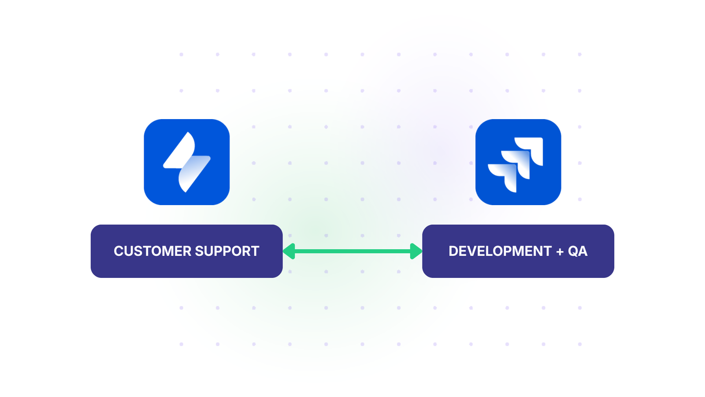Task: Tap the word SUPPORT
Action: click(x=227, y=251)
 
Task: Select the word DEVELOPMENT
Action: click(x=500, y=251)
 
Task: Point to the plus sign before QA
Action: click(x=560, y=251)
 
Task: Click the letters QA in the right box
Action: click(x=577, y=251)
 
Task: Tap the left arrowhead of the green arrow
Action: click(x=289, y=251)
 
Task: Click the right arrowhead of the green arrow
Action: click(x=416, y=251)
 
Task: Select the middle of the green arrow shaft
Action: click(x=352, y=251)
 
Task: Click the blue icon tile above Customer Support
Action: click(x=187, y=162)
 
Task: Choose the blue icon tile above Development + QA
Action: click(x=518, y=162)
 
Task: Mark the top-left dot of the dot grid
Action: click(x=181, y=55)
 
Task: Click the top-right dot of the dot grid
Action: click(x=579, y=55)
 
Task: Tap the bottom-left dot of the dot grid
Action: click(x=181, y=344)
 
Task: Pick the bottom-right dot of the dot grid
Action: click(x=579, y=344)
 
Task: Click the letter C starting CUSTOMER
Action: click(x=118, y=251)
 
